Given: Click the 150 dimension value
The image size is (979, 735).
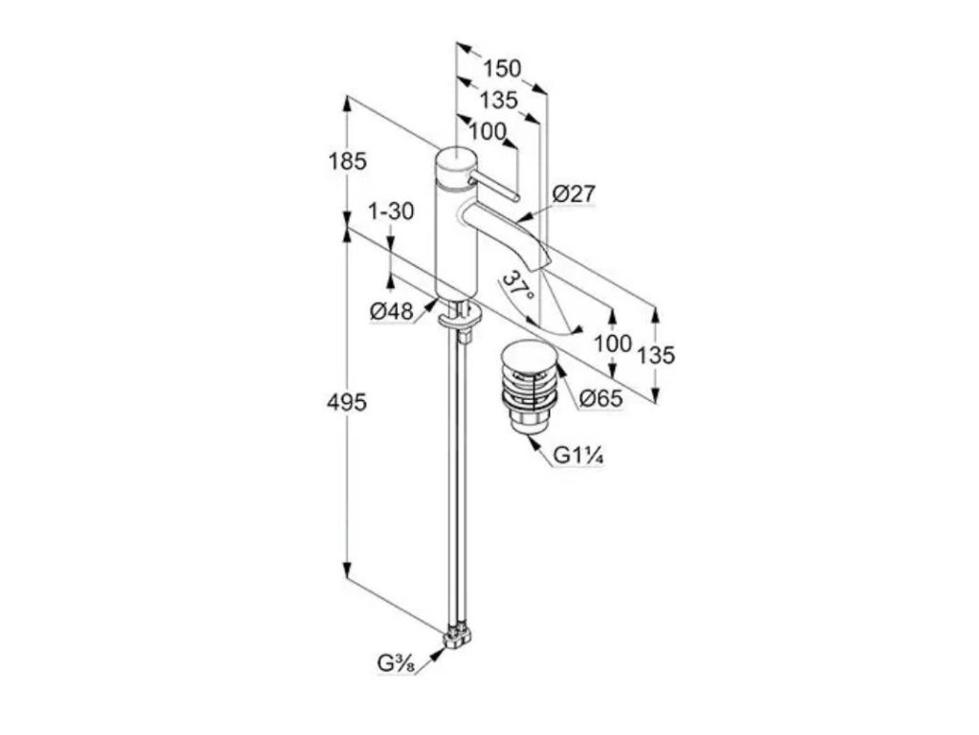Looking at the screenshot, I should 502,69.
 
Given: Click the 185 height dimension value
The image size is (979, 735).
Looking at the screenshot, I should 348,162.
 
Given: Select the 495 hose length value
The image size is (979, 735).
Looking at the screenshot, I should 348,403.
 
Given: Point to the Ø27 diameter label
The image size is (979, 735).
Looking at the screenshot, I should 575,194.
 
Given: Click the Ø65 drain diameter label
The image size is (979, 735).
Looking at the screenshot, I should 601,398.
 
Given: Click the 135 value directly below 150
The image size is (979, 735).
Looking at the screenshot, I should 498,100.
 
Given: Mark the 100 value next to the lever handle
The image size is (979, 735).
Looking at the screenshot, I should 488,132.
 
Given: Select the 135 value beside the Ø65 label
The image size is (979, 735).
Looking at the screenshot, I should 656,355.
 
